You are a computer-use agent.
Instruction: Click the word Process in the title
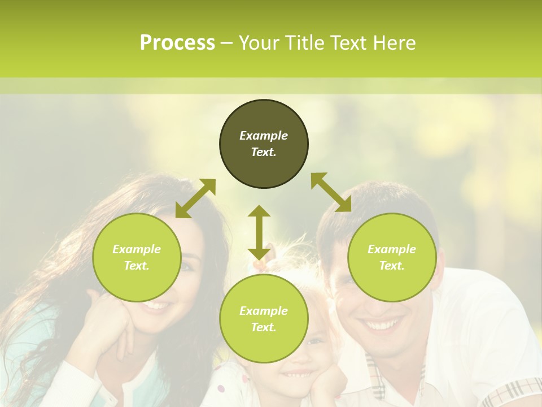(177, 43)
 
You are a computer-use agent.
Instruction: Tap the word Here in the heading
(393, 43)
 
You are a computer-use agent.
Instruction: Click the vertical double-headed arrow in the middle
(259, 232)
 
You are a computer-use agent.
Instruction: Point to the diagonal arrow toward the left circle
(195, 198)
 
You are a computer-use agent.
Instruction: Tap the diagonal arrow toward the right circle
(331, 192)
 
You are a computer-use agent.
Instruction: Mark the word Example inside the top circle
(264, 136)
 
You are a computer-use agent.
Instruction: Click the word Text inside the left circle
(137, 266)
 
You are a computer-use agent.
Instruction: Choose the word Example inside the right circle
(392, 249)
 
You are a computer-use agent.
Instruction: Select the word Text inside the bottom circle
(264, 327)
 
